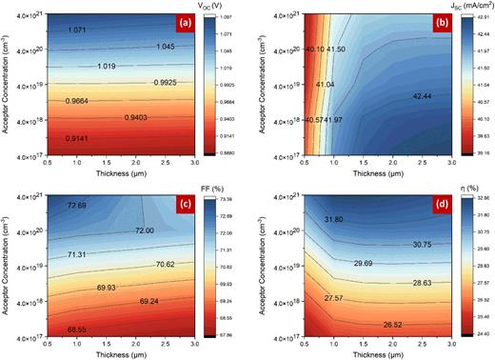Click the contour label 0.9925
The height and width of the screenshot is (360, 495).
168,85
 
